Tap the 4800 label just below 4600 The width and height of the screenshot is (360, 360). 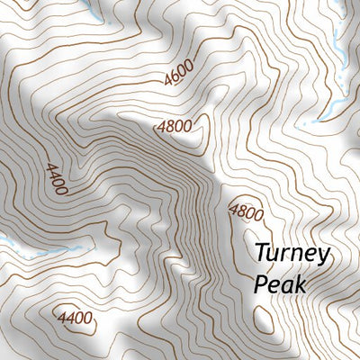(174, 126)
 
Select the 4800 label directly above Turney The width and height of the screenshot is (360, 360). (246, 213)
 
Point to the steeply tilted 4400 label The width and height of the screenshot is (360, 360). (55, 177)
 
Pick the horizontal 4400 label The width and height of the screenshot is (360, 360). (75, 318)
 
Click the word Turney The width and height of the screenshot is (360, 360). (292, 254)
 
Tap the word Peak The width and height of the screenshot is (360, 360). (280, 285)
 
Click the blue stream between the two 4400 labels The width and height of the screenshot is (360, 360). (63, 249)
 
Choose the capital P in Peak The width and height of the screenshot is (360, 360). (260, 285)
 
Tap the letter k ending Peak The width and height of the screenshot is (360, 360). (300, 285)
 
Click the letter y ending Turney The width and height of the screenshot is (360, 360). (323, 256)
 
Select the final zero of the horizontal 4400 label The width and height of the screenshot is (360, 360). (88, 318)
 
